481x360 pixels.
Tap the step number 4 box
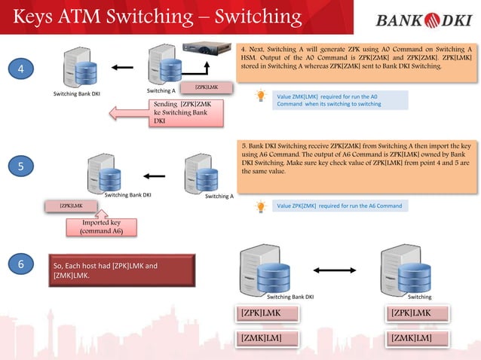[21, 69]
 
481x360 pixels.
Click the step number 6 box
[21, 264]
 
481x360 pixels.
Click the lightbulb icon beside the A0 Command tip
[262, 96]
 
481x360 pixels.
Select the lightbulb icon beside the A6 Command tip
[262, 205]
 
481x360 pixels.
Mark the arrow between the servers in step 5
[155, 176]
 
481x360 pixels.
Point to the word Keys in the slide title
[37, 17]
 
